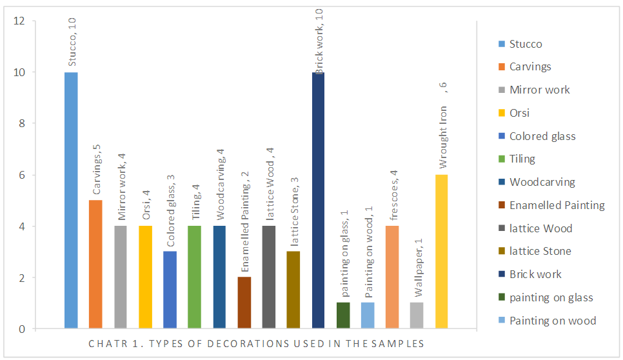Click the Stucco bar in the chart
pos(71,200)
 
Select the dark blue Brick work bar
pos(319,200)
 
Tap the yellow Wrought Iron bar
pos(441,252)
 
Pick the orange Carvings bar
pos(95,265)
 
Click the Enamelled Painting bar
pos(244,303)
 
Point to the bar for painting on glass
pos(343,316)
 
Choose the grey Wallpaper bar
pos(417,316)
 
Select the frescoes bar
pos(392,277)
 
